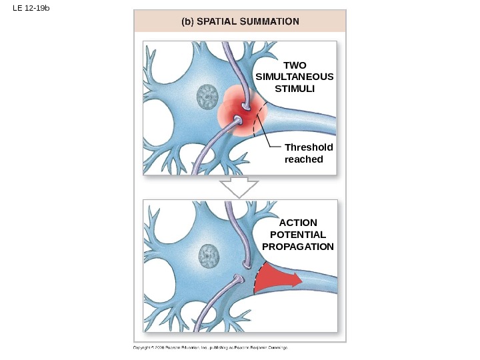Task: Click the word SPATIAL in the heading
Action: [x=219, y=21]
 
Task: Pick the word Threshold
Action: [x=308, y=147]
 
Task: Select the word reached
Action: [x=303, y=159]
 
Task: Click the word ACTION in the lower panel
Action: [x=298, y=223]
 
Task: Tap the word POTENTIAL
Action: [x=298, y=235]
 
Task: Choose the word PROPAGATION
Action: [x=298, y=247]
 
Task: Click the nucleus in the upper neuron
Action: [x=208, y=98]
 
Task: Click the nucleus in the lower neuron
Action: [x=210, y=255]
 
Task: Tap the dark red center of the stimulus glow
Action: [x=241, y=119]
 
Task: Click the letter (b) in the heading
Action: [x=187, y=21]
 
